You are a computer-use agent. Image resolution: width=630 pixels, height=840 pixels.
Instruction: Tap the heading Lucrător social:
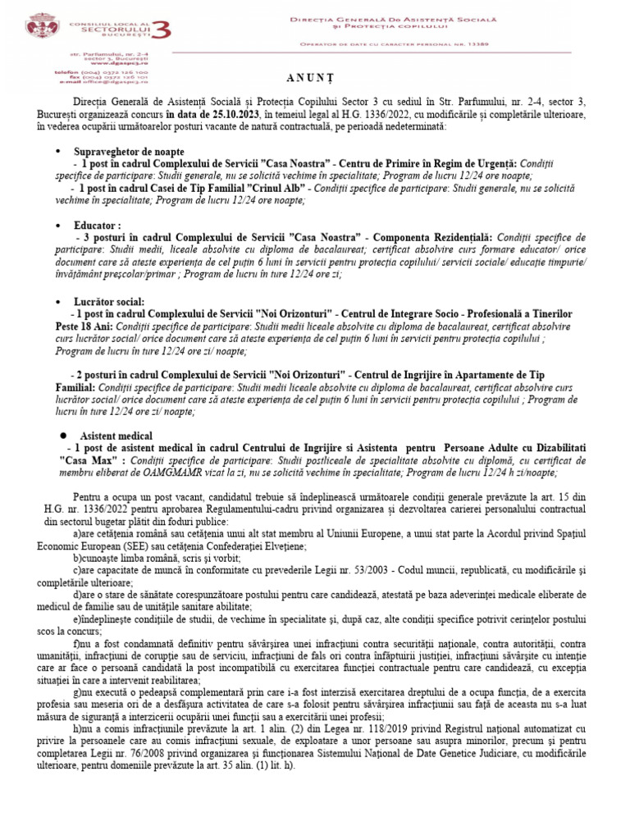(112, 302)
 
